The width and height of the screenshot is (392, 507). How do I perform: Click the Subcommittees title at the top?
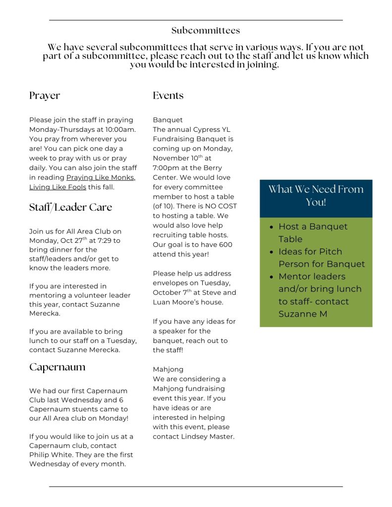coord(206,31)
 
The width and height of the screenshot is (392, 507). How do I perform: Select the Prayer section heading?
coord(45,96)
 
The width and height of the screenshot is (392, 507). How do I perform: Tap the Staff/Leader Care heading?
coord(70,207)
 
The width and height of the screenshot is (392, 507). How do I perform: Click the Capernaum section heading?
coord(57,367)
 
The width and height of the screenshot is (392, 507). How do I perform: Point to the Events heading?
coord(168,96)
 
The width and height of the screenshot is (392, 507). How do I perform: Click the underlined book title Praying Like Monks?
coord(101,177)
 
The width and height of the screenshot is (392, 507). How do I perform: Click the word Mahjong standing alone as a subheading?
coord(168,369)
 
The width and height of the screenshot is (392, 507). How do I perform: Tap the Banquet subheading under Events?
coord(168,120)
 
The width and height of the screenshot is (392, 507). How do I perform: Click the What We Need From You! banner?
coord(316,196)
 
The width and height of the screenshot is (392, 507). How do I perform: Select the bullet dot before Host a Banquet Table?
coord(271,227)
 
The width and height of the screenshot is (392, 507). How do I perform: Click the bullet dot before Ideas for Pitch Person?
coord(271,252)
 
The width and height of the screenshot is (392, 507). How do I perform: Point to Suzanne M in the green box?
coord(303,314)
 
